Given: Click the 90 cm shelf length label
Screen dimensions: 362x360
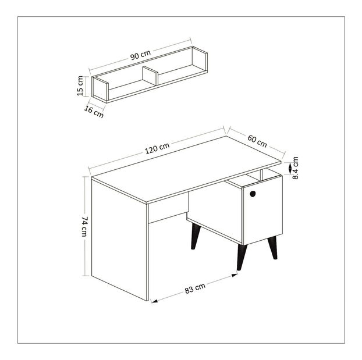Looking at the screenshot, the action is (140, 55).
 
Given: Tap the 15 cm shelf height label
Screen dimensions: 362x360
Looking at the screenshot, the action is (80, 86).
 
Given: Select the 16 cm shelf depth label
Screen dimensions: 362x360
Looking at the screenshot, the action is (94, 112).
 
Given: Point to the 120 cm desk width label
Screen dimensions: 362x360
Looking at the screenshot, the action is (157, 148).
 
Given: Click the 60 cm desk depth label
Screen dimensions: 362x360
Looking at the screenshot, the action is (257, 141).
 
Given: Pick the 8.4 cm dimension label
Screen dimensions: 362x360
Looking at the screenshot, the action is (295, 167).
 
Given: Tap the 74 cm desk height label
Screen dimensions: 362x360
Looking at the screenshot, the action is (84, 226).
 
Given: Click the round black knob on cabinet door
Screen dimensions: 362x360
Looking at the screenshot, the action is (253, 194).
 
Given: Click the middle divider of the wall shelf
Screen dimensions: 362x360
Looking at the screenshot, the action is (150, 76).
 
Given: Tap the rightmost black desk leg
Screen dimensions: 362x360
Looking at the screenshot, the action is (272, 247).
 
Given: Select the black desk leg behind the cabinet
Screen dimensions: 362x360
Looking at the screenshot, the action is (196, 236).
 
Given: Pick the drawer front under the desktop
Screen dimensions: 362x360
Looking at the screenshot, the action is (169, 208).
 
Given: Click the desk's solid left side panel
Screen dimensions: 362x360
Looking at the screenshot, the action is (119, 239).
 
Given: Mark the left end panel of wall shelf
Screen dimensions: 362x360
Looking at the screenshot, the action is (100, 89).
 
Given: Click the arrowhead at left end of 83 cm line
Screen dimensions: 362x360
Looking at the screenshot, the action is (154, 301).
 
